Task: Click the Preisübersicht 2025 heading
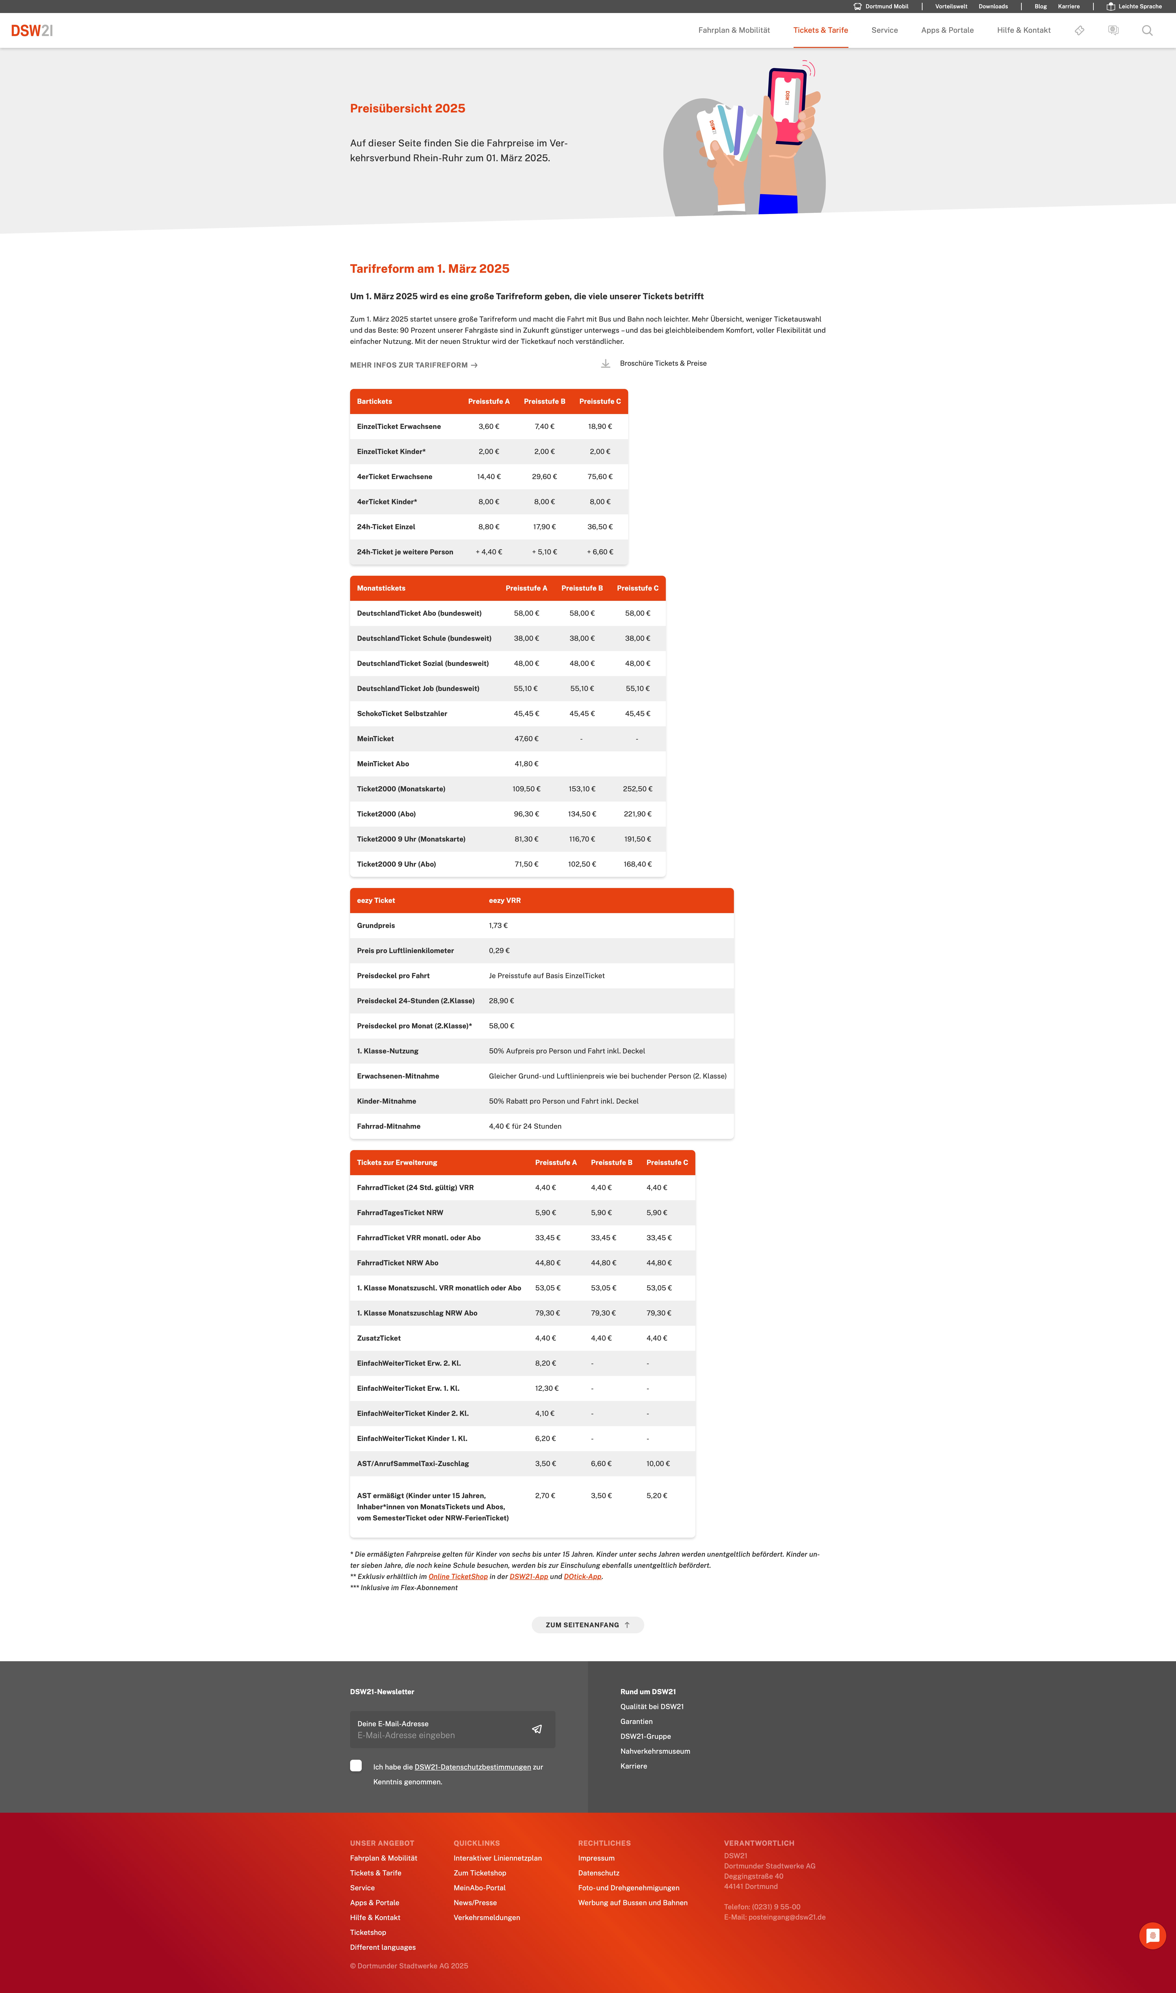click(407, 109)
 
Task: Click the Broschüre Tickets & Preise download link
click(663, 364)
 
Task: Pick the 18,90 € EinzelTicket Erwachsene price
click(600, 426)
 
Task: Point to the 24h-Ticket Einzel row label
click(386, 527)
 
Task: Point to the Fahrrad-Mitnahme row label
click(388, 1126)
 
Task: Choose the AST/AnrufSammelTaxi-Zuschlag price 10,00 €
click(658, 1464)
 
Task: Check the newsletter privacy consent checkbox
click(356, 1766)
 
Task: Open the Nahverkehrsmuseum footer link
click(655, 1751)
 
